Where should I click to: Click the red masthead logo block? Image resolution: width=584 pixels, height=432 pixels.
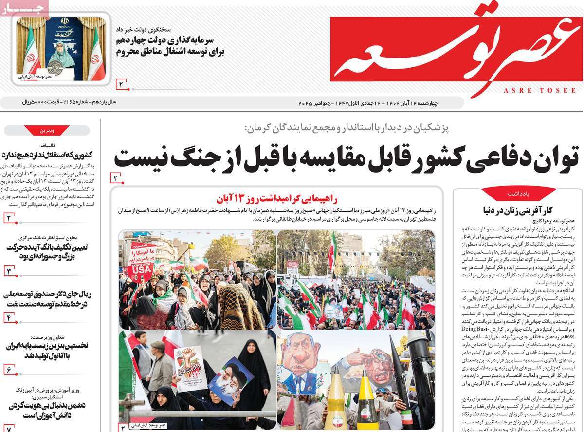[453, 49]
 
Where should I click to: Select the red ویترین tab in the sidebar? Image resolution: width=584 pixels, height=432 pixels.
[47, 130]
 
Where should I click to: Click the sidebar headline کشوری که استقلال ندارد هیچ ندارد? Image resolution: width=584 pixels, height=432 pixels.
[47, 155]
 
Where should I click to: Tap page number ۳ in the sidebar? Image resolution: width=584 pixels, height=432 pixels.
[10, 271]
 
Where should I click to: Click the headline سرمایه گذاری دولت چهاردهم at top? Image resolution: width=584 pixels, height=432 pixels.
[170, 46]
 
